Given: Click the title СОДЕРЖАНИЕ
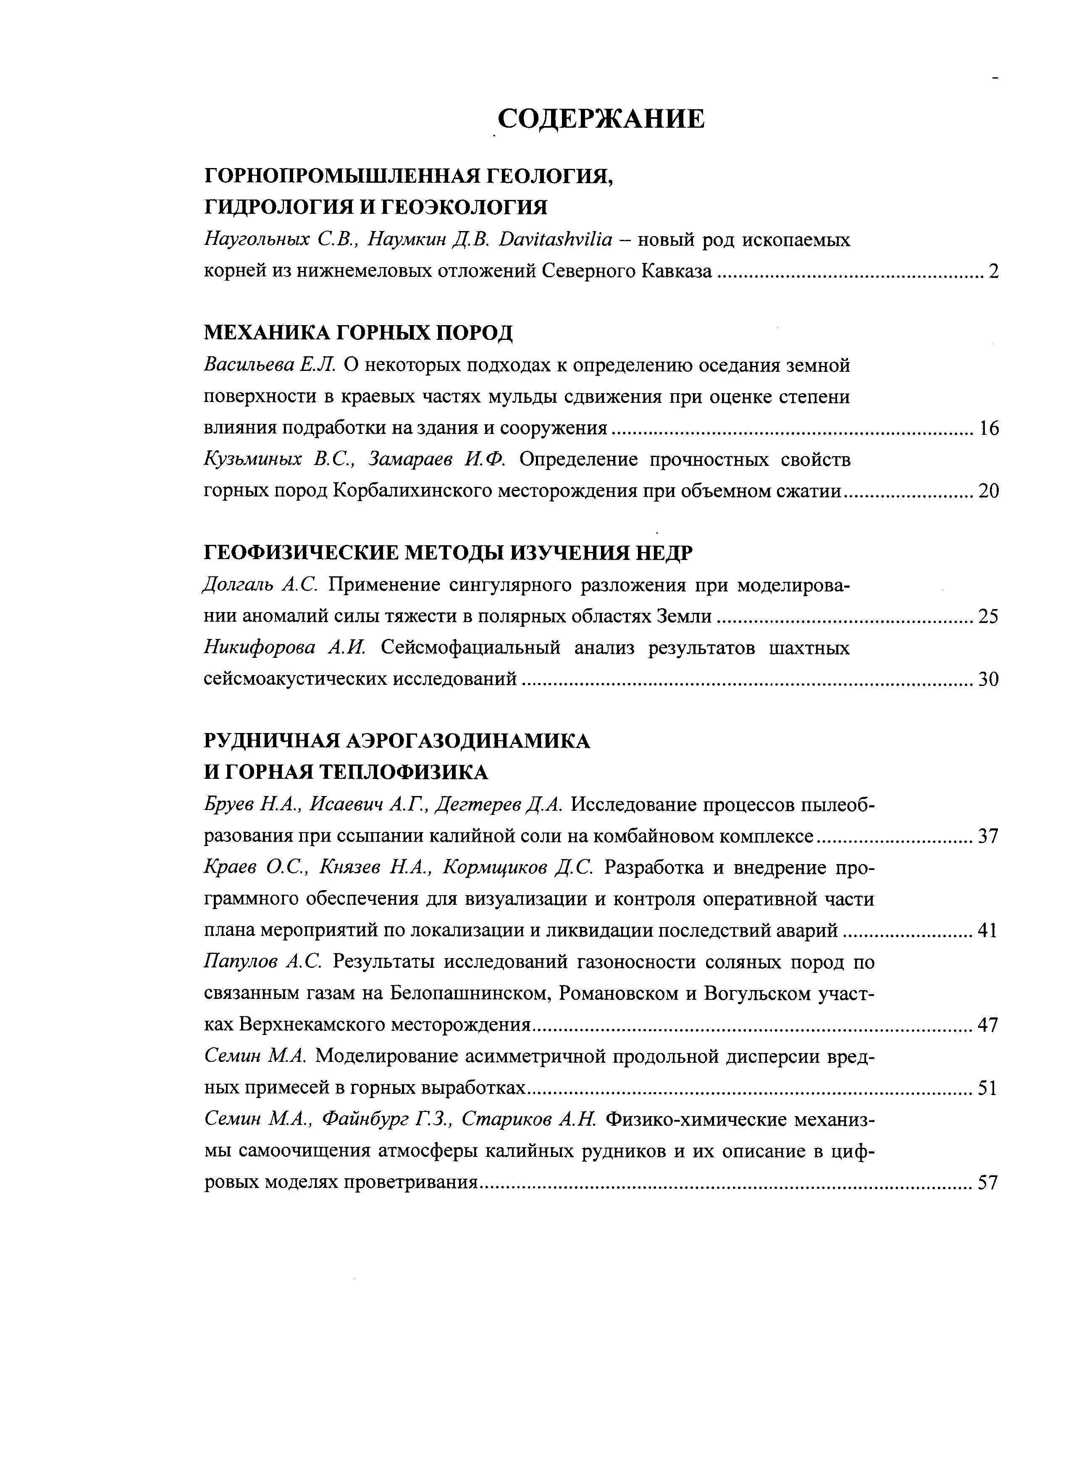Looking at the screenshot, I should coord(601,119).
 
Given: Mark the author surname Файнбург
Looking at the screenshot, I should coord(368,1120).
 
